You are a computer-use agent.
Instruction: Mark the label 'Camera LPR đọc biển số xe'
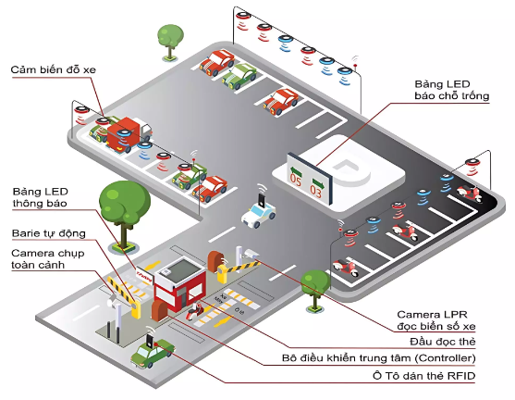(436, 320)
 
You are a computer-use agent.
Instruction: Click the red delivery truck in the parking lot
(128, 132)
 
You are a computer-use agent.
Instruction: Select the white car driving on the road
(258, 214)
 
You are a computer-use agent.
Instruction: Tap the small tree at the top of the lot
(169, 39)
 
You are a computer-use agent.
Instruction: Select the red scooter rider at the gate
(192, 314)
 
